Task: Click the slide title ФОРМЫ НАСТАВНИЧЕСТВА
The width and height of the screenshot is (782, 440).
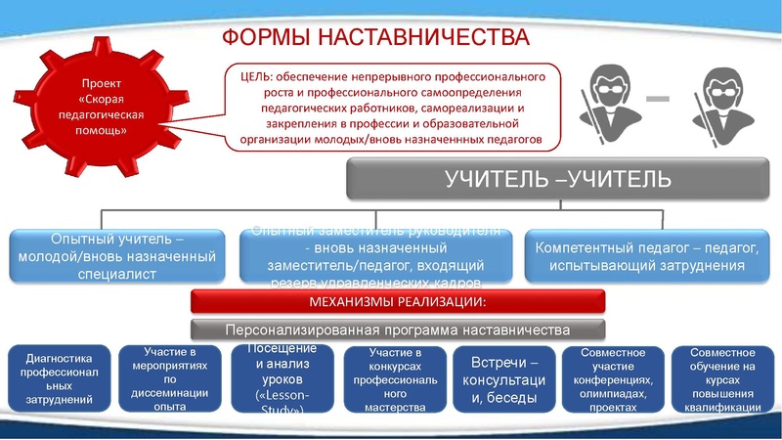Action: [375, 37]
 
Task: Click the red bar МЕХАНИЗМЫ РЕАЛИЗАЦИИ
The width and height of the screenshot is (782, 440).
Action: [398, 300]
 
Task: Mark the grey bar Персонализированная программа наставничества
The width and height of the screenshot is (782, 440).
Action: [398, 329]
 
